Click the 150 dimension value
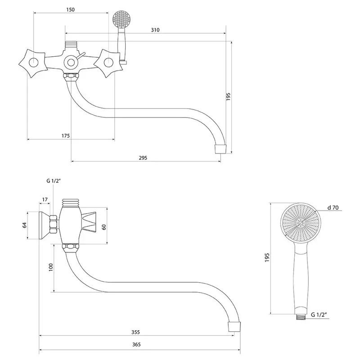tap(69, 9)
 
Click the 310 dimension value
tap(155, 30)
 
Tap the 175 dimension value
tap(66, 135)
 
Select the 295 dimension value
tap(143, 157)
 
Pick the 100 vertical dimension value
tap(51, 266)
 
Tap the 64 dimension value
tap(25, 225)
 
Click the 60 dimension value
tap(104, 227)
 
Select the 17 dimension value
tap(45, 199)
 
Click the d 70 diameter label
tap(333, 207)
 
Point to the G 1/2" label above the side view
tap(53, 181)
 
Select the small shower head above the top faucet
tap(121, 19)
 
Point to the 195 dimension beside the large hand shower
tap(267, 258)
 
